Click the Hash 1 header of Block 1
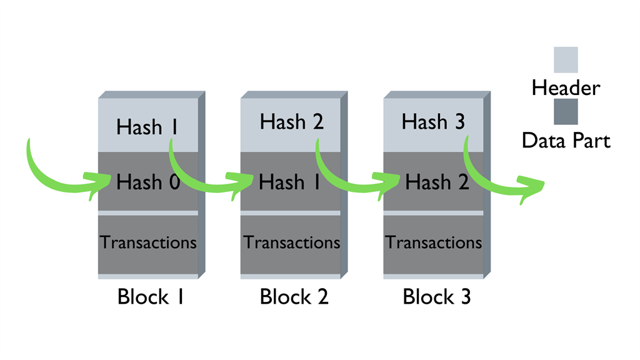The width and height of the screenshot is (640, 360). [x=148, y=127]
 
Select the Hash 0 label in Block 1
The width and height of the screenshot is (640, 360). [x=148, y=182]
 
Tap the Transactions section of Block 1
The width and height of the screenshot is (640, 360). [x=148, y=242]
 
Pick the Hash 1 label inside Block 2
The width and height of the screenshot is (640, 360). [x=291, y=182]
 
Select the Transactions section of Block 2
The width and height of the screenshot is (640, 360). [x=291, y=242]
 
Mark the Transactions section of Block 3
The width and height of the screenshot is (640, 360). [x=433, y=242]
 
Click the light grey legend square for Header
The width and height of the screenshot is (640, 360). [x=566, y=60]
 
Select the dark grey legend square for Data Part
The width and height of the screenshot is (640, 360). [x=566, y=112]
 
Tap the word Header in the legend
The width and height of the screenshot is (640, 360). [x=565, y=87]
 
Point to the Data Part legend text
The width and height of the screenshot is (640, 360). [x=566, y=141]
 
